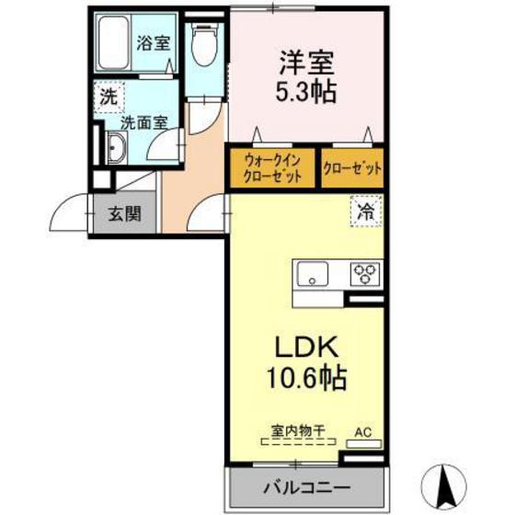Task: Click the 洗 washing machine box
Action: coord(108,95)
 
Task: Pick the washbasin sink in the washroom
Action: coord(116,147)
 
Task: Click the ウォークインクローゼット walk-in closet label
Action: coord(272,167)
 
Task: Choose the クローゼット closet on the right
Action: coord(352,168)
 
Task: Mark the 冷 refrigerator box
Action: coord(365,210)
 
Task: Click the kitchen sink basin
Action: coord(310,272)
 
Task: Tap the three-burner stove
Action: coord(365,273)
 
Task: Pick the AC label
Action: coord(365,429)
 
